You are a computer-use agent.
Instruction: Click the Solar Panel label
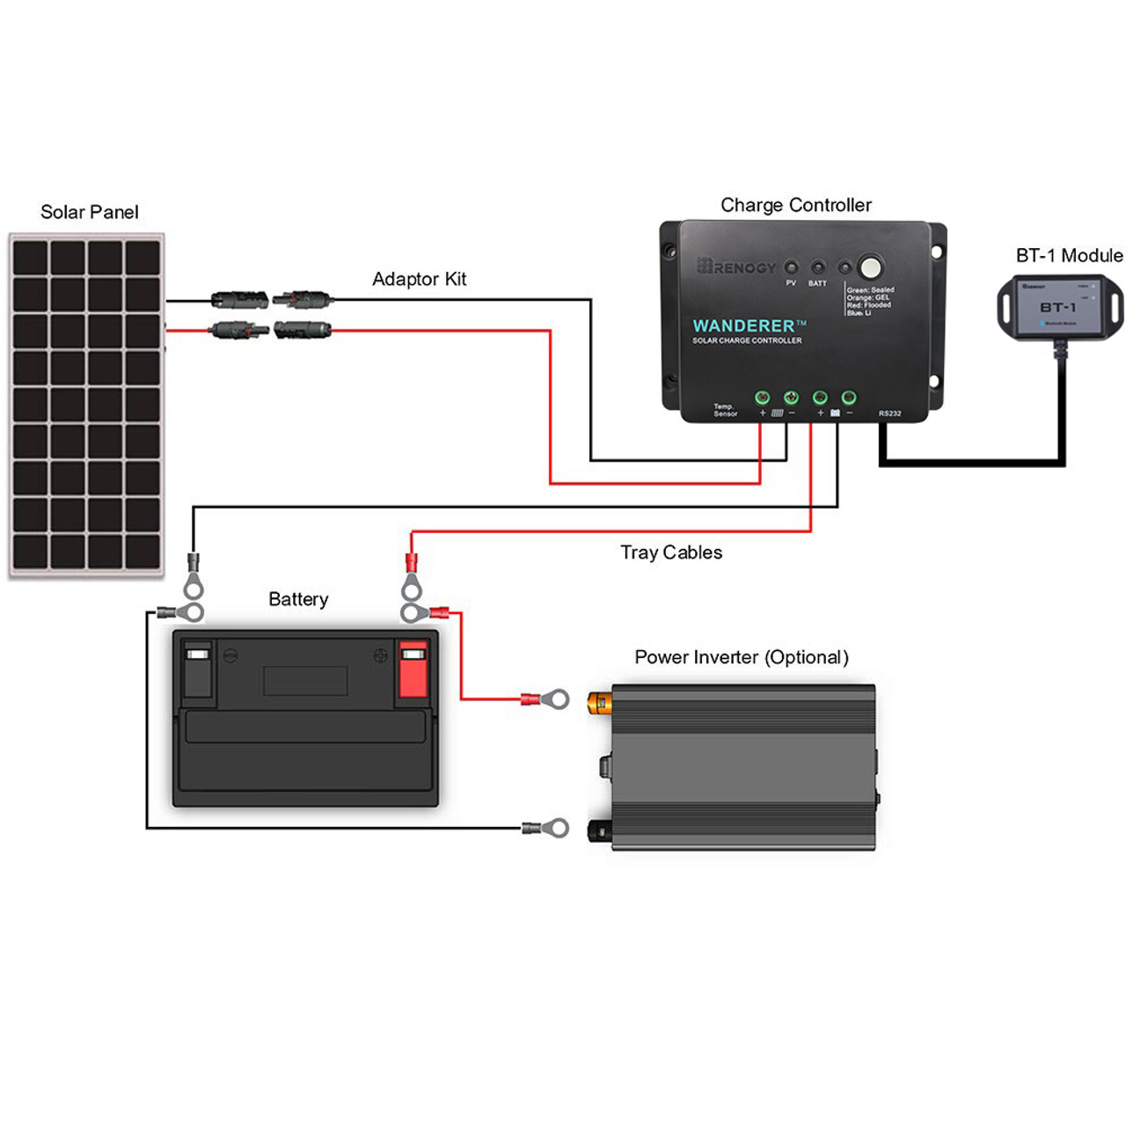click(x=90, y=212)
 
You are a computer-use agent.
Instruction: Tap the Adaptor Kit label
click(x=419, y=279)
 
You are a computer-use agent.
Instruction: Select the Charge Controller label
click(x=795, y=205)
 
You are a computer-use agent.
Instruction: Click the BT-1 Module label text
click(x=1069, y=255)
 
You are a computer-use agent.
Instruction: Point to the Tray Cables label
click(x=671, y=552)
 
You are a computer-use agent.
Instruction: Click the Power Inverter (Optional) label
click(x=742, y=657)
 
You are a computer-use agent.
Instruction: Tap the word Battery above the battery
click(x=298, y=599)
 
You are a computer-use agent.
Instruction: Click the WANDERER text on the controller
click(x=743, y=325)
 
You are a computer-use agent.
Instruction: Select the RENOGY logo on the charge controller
click(x=737, y=267)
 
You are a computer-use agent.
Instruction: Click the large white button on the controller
click(x=870, y=267)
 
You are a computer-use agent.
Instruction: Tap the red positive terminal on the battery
click(x=413, y=669)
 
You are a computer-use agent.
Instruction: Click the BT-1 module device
click(x=1059, y=307)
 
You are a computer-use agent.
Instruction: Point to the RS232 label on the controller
click(x=889, y=413)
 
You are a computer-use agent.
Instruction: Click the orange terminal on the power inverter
click(x=601, y=701)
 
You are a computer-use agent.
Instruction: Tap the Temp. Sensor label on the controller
click(x=725, y=410)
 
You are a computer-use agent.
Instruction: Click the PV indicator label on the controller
click(x=791, y=283)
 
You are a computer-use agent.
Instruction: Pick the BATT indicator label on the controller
click(x=817, y=283)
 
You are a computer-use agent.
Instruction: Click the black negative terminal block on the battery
click(x=197, y=669)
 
